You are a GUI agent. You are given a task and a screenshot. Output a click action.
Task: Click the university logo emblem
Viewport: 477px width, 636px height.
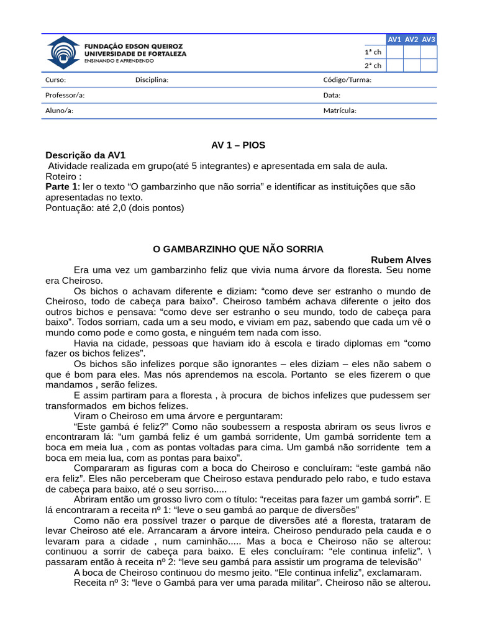[63, 53]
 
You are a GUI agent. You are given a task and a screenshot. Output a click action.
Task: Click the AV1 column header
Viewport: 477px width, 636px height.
[394, 40]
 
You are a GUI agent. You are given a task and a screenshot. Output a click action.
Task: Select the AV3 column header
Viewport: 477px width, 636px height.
[429, 40]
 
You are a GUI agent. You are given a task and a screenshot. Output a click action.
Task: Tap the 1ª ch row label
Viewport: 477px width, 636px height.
[373, 52]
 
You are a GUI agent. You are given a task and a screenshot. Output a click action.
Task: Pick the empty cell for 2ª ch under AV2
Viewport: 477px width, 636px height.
[411, 66]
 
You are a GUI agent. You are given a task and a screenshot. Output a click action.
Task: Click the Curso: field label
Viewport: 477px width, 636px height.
[55, 79]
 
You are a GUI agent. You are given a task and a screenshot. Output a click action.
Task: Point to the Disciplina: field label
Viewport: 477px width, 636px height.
[152, 79]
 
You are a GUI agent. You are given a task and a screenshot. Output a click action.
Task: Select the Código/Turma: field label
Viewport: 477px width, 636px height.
[347, 79]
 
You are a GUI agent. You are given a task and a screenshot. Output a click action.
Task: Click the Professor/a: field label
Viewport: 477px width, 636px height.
[65, 95]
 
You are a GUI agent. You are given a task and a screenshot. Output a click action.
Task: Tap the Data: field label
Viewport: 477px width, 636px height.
[332, 95]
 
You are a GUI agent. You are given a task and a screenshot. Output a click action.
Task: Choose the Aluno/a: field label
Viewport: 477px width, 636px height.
[59, 111]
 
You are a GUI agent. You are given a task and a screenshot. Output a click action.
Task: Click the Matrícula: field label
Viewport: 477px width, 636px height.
[340, 111]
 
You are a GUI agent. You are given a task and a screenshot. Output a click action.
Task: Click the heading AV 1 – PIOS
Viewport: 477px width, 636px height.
[238, 145]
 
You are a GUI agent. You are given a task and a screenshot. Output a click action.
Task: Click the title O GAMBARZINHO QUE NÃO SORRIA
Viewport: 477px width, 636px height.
[238, 249]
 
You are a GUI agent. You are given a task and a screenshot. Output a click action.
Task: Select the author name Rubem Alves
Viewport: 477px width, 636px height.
[401, 260]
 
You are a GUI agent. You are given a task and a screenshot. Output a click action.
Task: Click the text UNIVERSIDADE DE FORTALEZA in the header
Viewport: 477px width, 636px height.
[135, 53]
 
